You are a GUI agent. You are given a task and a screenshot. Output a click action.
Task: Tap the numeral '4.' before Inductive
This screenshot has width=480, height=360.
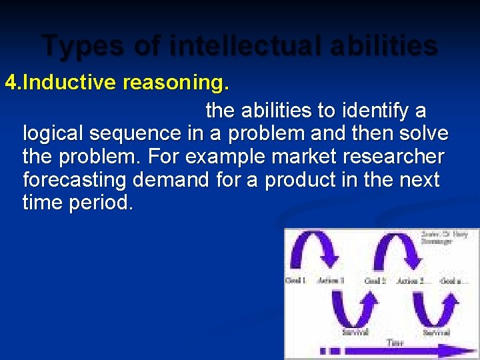click(13, 83)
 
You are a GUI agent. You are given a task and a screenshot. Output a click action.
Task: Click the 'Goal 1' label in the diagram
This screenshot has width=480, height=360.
click(296, 281)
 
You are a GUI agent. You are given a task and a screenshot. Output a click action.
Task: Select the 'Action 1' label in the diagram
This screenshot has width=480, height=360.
click(331, 281)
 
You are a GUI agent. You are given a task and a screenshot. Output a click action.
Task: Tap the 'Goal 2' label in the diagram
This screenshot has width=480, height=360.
click(375, 281)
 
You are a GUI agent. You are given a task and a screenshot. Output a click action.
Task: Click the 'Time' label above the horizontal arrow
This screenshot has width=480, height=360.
click(395, 343)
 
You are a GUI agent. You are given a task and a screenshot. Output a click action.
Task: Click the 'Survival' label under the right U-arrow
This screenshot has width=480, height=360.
click(437, 331)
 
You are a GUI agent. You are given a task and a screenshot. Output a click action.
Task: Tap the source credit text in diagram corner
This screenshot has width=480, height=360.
click(445, 238)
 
